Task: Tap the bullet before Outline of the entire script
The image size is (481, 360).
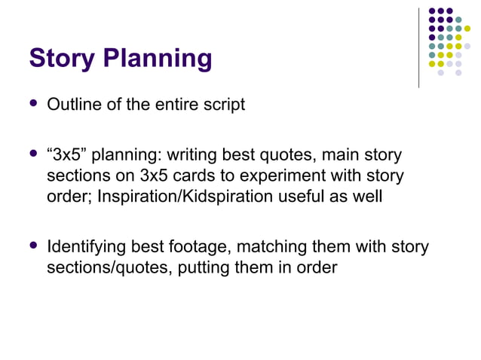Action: pos(33,104)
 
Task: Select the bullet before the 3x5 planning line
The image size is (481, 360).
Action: pos(33,156)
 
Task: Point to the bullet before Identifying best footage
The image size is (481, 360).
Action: pos(33,246)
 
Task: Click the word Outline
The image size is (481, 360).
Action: pos(73,105)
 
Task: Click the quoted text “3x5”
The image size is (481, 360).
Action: pos(66,157)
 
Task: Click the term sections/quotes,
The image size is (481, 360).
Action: pos(110,267)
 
